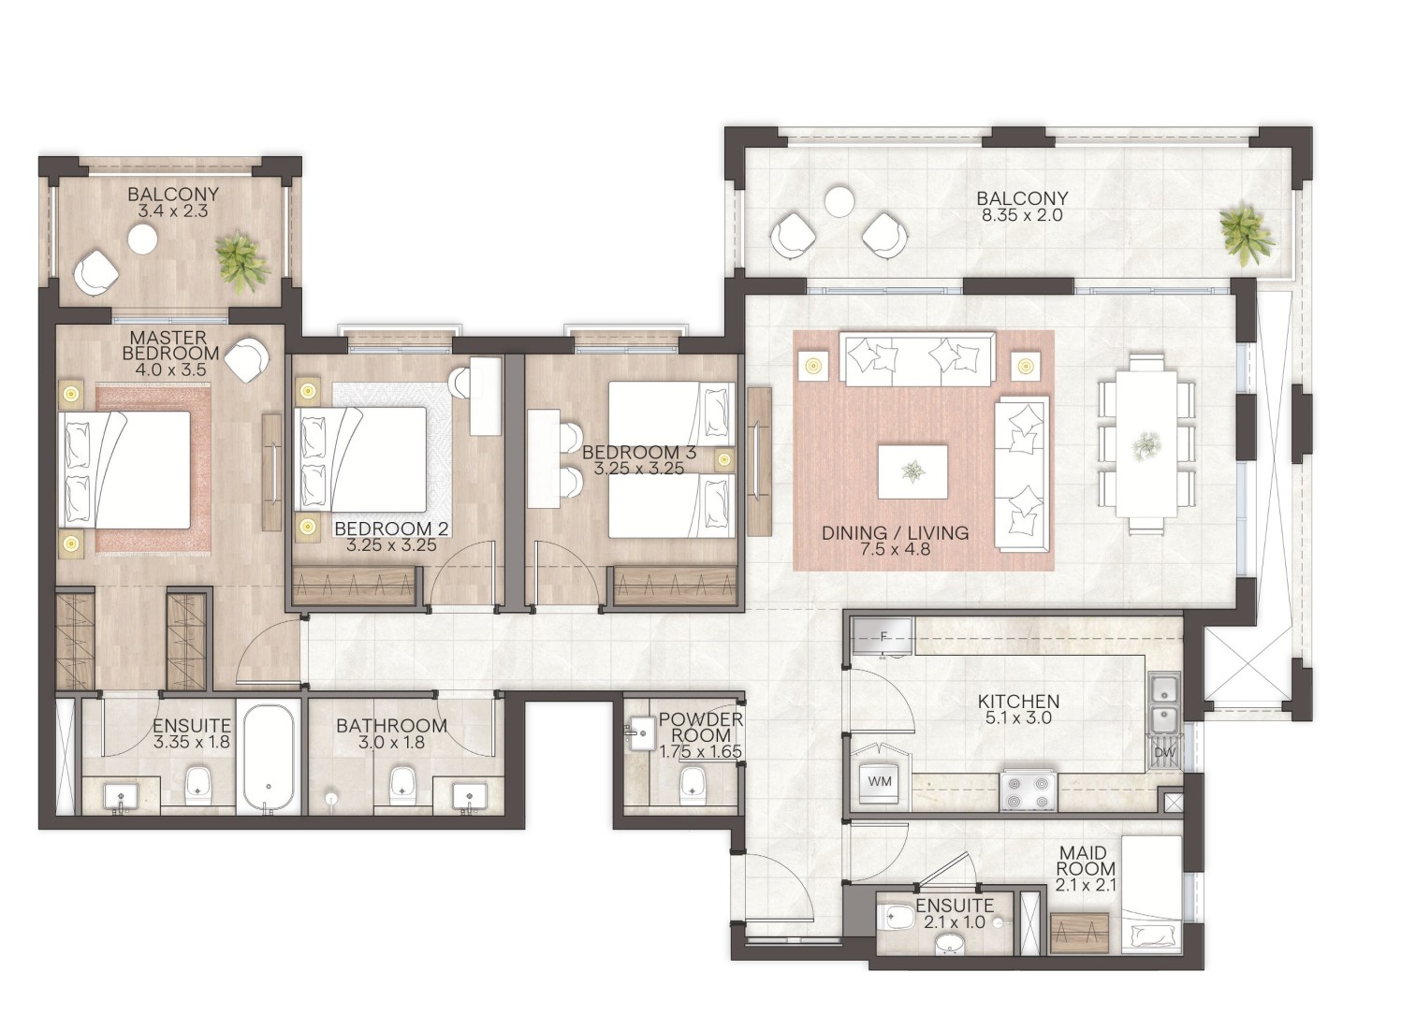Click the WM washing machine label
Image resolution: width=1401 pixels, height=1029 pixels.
pos(880,782)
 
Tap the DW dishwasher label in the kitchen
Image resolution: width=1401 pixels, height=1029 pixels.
pos(1164,753)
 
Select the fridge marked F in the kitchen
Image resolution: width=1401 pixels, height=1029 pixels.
pos(883,637)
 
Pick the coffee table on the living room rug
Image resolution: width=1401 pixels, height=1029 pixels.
pos(912,471)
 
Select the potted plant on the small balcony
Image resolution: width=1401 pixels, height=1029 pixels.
pos(242,261)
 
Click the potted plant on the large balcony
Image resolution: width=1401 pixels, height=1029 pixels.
pos(1245,235)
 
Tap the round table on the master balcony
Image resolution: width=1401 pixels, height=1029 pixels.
pos(142,239)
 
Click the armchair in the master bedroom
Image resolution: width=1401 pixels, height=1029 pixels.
pos(248,359)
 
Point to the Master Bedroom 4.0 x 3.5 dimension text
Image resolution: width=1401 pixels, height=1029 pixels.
pos(170,370)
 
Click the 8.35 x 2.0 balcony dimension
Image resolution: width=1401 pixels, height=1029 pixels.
pos(1023,216)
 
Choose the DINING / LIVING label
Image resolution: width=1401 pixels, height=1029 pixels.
pos(895,532)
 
